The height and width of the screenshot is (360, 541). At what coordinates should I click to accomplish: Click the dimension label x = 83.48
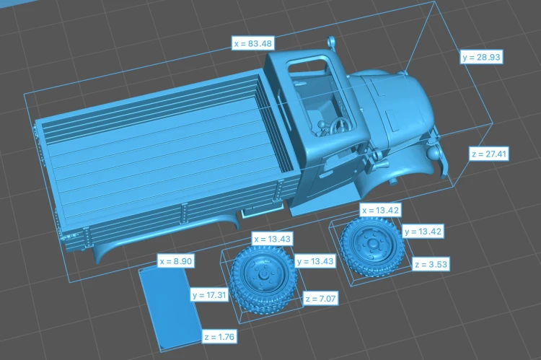click(x=253, y=43)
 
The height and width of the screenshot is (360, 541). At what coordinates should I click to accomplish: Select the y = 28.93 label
click(x=481, y=57)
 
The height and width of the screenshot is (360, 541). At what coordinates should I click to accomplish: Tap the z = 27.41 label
click(x=489, y=154)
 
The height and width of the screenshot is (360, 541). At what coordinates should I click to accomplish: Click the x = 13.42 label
click(x=380, y=210)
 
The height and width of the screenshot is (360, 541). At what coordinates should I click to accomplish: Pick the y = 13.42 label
click(x=423, y=232)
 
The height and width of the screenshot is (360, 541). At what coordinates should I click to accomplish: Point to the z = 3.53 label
click(x=431, y=264)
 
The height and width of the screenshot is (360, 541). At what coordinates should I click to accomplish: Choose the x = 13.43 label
click(x=272, y=239)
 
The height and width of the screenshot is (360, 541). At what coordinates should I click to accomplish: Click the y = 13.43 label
click(x=315, y=261)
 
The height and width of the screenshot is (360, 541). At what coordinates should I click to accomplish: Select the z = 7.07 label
click(x=320, y=298)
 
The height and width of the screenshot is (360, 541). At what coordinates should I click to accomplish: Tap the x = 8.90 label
click(x=175, y=261)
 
